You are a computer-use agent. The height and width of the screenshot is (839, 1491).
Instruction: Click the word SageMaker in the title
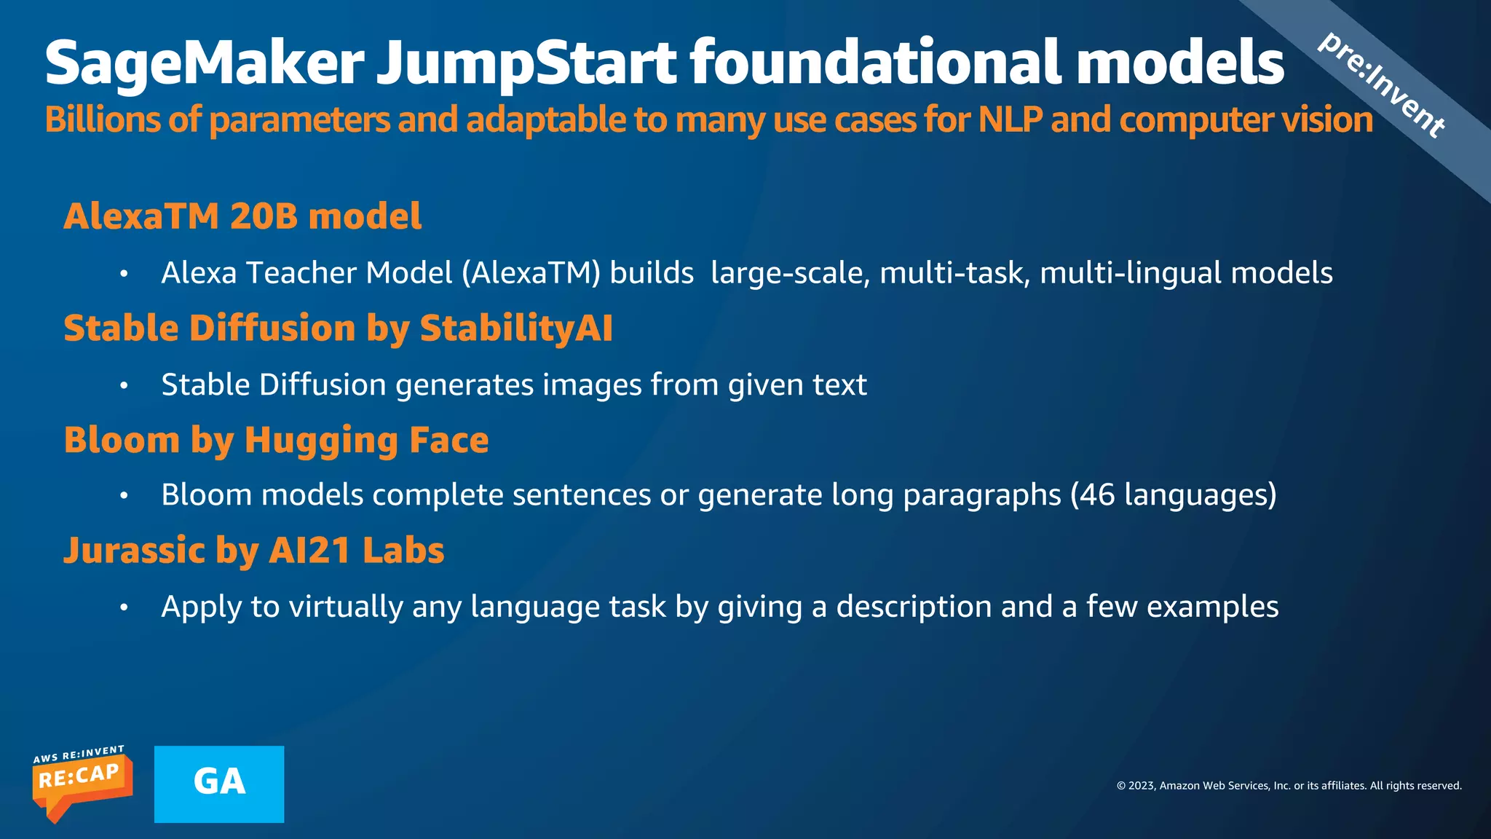(x=205, y=64)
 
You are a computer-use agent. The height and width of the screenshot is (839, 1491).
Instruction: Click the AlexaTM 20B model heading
(x=242, y=216)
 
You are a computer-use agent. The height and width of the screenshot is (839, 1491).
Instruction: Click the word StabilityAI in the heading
(x=516, y=328)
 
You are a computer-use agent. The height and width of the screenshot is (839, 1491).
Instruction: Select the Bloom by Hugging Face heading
(x=276, y=441)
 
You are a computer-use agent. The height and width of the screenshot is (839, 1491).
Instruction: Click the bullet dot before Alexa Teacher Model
(x=124, y=275)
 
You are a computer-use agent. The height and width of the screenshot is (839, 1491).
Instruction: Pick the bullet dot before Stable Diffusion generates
(x=124, y=386)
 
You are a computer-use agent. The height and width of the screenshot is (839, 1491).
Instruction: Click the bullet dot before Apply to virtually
(x=124, y=607)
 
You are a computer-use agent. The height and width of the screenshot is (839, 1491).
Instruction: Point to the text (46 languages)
(x=1174, y=495)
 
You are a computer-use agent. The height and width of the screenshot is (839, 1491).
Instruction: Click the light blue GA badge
(x=219, y=784)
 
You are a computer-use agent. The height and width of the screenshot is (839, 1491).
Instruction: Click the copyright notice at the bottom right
(x=1289, y=786)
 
